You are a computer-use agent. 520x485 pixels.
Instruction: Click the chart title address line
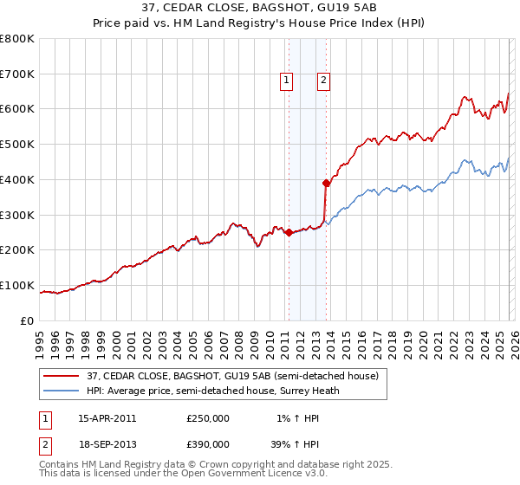tap(259, 10)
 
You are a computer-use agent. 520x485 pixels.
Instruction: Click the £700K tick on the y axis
tap(17, 74)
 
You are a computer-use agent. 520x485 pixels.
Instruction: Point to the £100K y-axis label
tap(17, 285)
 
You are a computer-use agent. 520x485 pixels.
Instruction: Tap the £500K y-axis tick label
tap(17, 144)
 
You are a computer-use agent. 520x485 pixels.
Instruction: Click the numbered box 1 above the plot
tap(287, 81)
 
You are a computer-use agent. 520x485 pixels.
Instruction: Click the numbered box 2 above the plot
tap(324, 81)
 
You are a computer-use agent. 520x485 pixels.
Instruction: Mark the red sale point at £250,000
tap(288, 232)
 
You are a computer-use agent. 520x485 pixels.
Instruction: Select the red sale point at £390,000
tap(326, 183)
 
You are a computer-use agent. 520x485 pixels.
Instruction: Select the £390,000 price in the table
tap(208, 445)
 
